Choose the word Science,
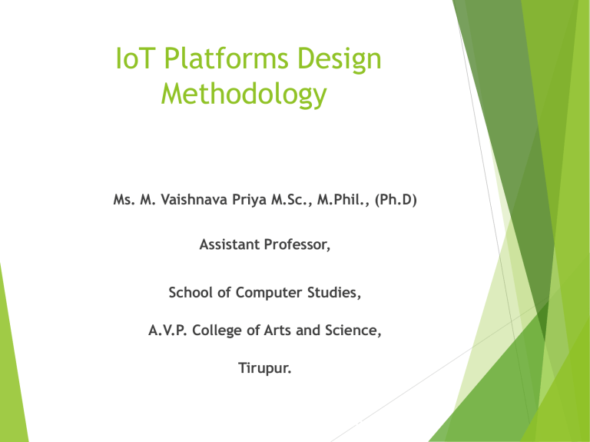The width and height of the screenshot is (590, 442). click(x=344, y=332)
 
